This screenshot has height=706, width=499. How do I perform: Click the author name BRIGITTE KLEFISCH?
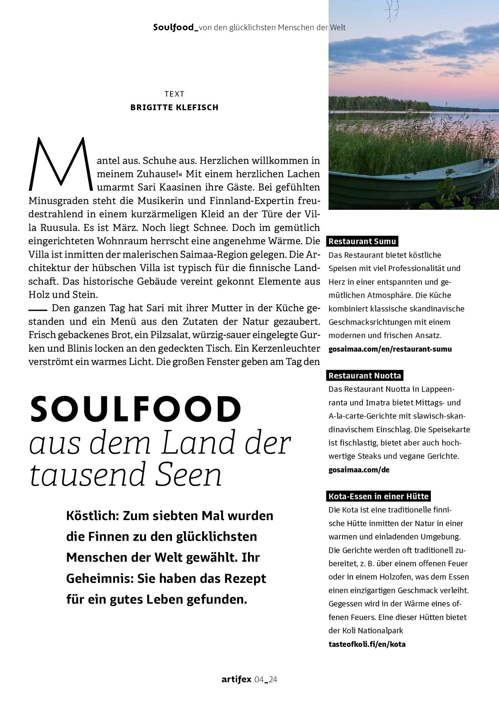[174, 108]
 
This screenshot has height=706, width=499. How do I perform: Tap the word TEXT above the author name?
[174, 94]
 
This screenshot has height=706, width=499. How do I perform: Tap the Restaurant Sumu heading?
[362, 241]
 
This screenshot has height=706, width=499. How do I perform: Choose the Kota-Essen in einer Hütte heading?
[379, 496]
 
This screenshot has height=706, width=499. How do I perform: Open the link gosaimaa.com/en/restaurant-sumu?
[390, 349]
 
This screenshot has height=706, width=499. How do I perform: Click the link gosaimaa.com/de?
[359, 470]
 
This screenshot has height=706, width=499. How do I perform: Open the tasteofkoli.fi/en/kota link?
[367, 644]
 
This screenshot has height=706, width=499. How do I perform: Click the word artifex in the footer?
[236, 679]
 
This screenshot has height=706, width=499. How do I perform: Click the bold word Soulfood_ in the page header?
[176, 27]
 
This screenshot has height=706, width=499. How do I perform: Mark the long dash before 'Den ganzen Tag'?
[38, 310]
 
